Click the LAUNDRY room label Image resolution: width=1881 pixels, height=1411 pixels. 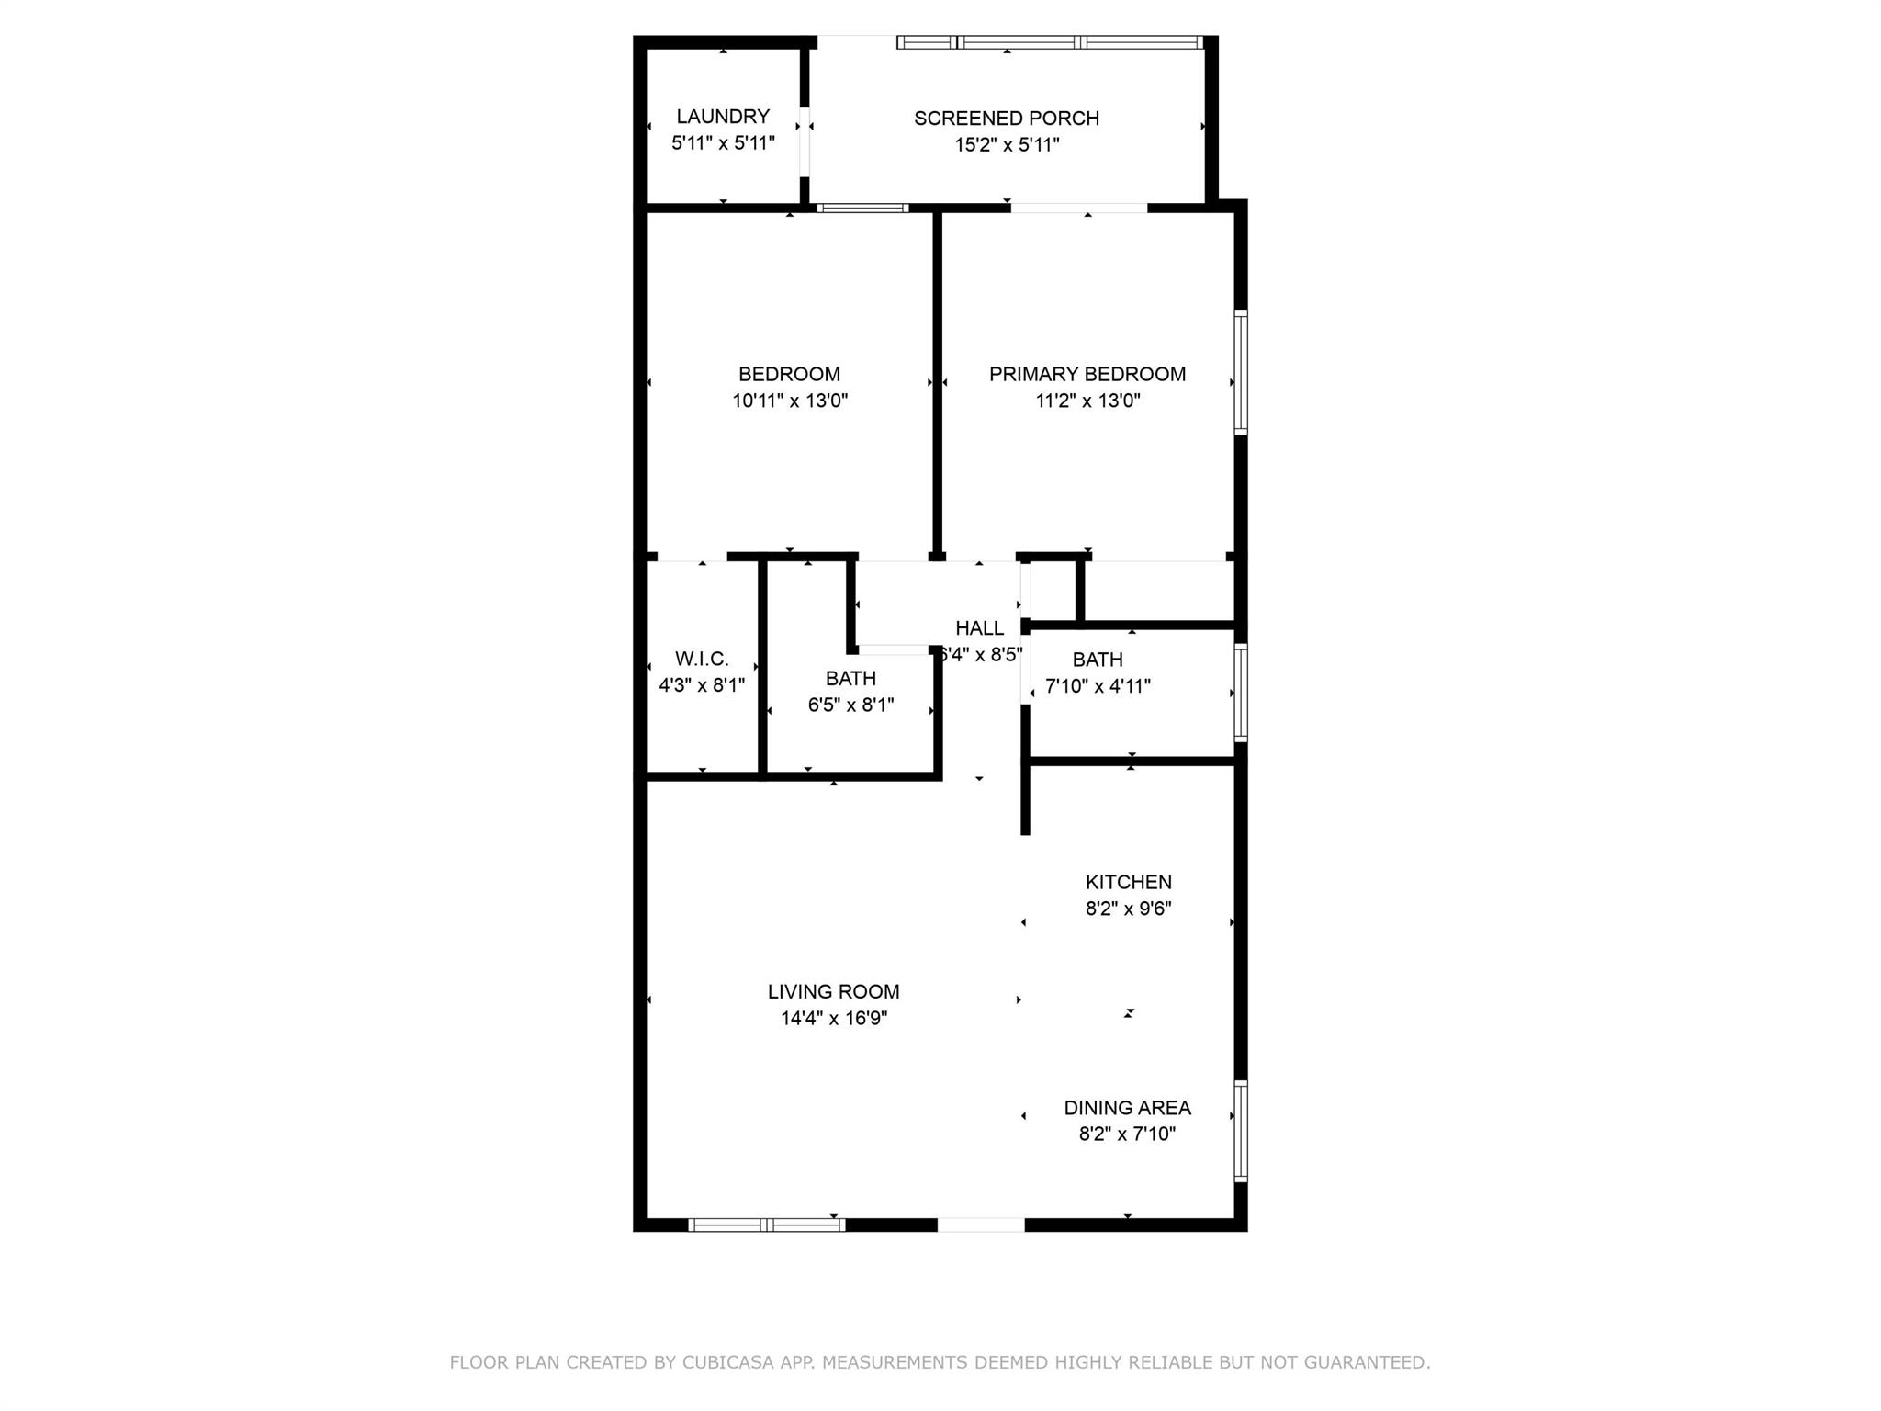(723, 117)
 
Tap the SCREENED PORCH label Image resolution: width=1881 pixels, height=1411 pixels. (1007, 119)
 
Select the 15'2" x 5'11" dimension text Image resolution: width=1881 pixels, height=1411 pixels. (1007, 145)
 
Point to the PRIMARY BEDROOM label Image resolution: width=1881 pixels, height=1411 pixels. (1087, 374)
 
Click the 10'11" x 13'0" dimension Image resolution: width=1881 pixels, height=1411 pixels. (790, 401)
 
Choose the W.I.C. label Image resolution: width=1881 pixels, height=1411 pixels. (702, 659)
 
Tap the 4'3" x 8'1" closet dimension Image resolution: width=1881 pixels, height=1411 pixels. (702, 685)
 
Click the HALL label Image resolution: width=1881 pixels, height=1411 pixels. (980, 628)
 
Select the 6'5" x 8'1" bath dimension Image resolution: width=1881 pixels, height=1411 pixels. (850, 705)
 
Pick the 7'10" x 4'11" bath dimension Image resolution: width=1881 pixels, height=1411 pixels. (1098, 686)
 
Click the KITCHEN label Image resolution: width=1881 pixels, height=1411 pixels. (1129, 882)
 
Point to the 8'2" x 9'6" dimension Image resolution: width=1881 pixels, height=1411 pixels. (1129, 909)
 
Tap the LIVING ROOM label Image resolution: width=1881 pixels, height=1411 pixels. (834, 992)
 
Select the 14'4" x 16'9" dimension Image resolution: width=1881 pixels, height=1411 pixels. (834, 1019)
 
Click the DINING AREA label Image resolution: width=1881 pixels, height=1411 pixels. (1128, 1108)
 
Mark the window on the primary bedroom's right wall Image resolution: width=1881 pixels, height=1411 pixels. (1241, 372)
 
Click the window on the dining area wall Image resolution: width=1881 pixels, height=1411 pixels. (1241, 1131)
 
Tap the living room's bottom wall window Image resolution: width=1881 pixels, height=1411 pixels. (767, 1225)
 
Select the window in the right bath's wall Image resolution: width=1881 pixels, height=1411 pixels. (1241, 693)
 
